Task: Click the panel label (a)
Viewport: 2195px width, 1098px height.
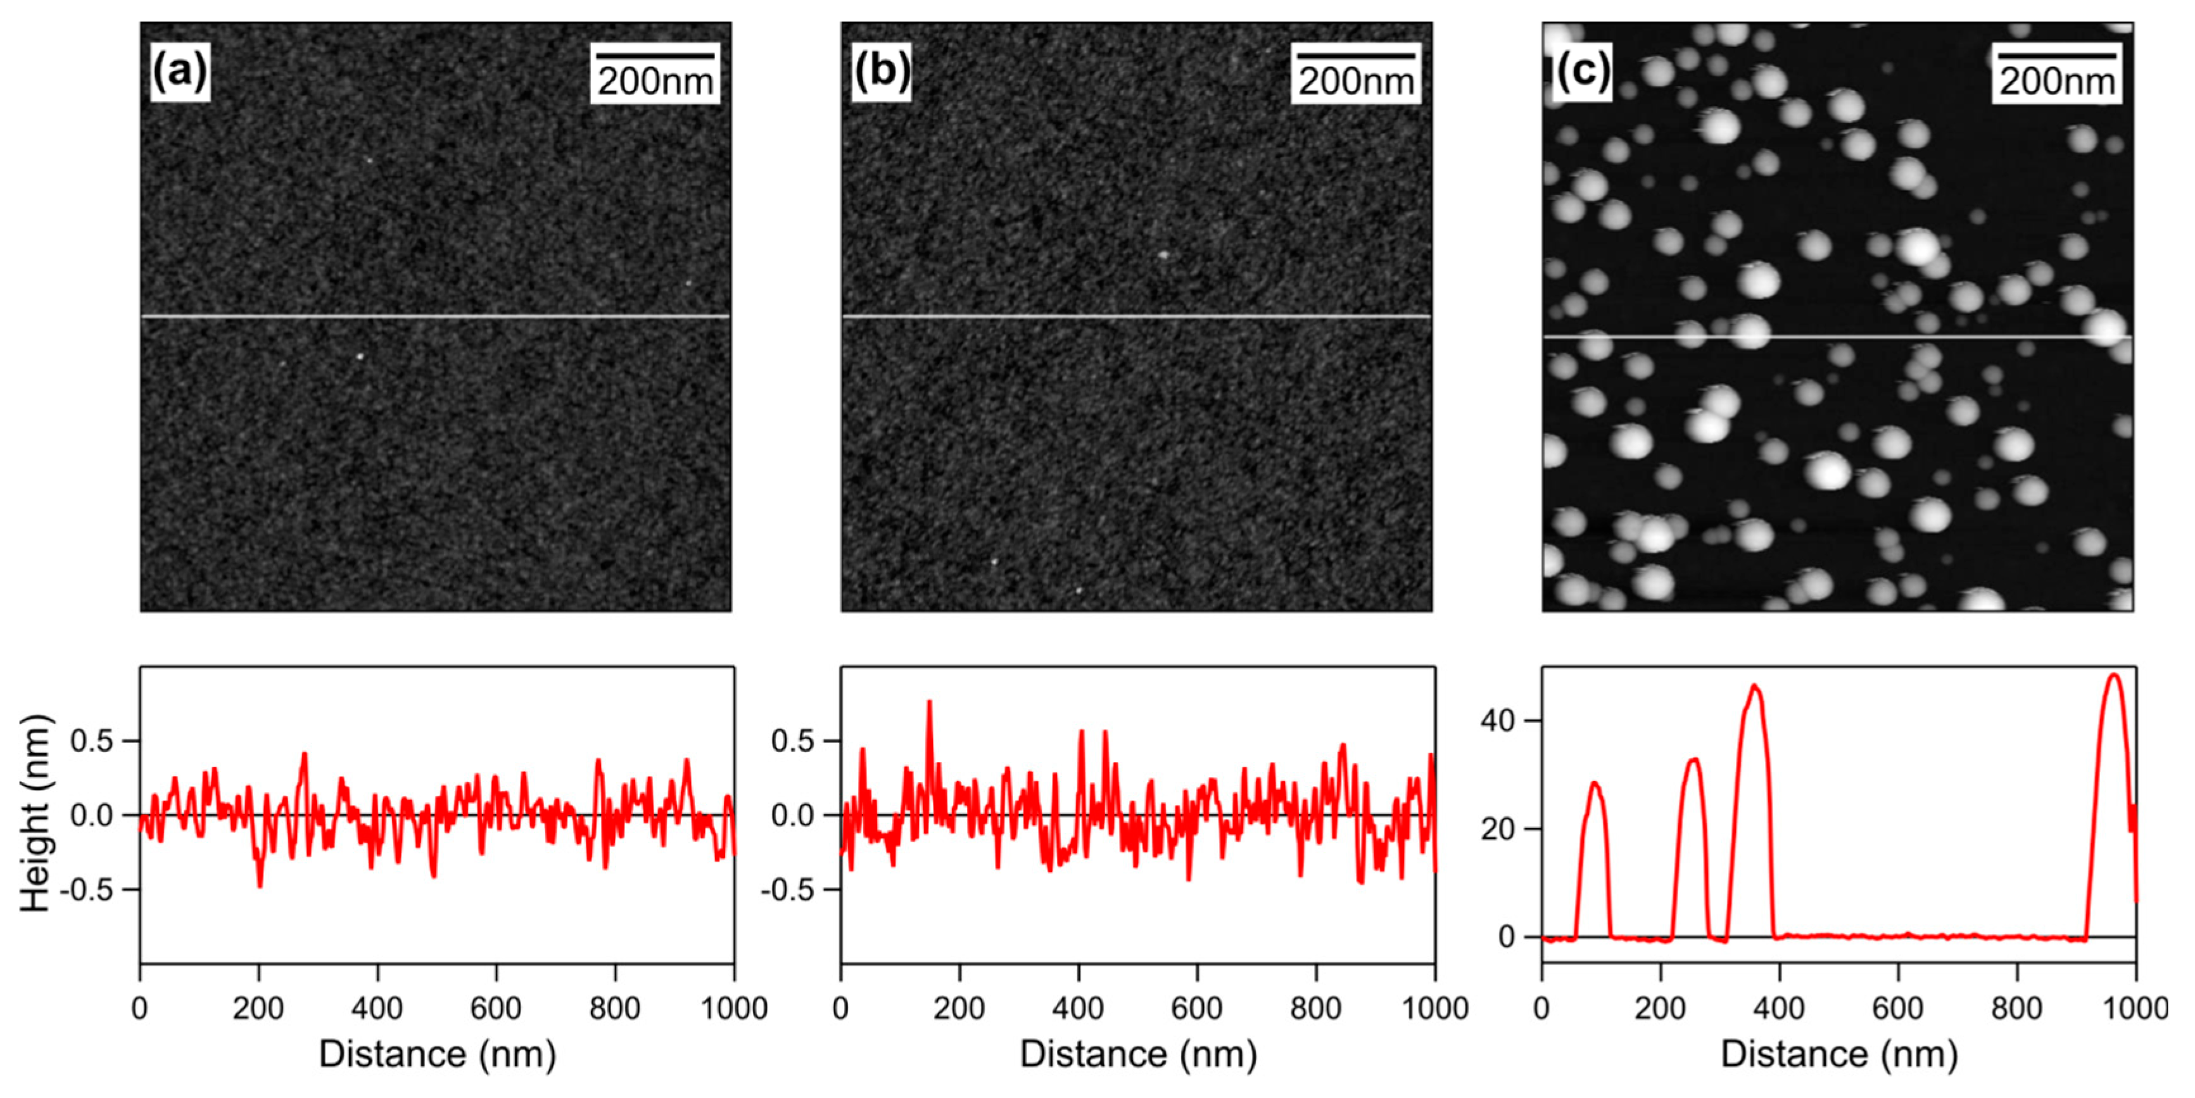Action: point(180,72)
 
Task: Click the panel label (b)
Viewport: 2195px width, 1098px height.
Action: point(881,72)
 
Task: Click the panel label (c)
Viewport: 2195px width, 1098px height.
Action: point(1583,72)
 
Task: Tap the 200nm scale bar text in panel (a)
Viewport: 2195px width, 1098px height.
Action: point(654,82)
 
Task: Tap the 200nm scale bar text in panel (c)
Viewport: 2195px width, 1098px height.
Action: point(2057,82)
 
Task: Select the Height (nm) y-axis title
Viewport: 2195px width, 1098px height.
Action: point(36,813)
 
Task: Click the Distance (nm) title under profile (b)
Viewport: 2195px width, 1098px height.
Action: point(1139,1054)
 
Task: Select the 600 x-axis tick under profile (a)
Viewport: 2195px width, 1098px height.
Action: point(496,1009)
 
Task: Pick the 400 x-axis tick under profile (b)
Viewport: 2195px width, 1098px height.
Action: point(1078,1009)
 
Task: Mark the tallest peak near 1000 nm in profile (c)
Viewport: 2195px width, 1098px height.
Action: point(2114,675)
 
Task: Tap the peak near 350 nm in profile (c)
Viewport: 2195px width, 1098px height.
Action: point(1754,686)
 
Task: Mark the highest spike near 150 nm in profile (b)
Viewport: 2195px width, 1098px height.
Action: point(929,702)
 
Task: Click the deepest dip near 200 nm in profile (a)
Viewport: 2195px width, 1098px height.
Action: point(259,886)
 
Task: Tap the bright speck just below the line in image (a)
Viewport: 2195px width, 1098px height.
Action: point(360,357)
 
